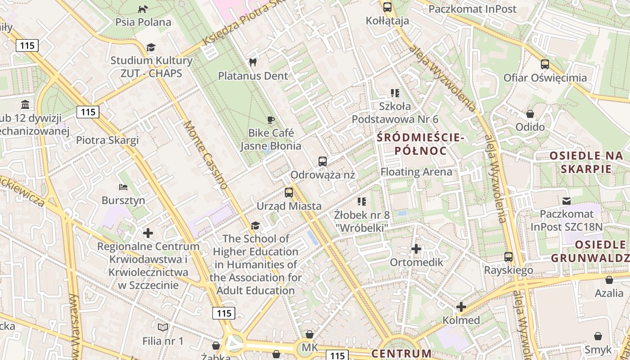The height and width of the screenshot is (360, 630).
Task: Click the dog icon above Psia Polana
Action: pos(143,9)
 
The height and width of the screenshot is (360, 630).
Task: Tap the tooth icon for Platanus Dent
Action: pos(252,62)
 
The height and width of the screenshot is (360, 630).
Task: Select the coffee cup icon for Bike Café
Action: pos(270,119)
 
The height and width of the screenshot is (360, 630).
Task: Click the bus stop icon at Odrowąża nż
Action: pos(323,161)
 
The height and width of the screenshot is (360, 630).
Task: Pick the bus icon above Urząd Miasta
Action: pos(289,193)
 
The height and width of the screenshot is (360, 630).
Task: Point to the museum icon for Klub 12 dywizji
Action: pos(25,105)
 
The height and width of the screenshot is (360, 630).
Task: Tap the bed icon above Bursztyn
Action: pos(123,187)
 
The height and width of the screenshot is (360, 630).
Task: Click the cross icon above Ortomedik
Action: pos(416,248)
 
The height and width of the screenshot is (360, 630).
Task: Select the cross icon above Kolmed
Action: pos(461,307)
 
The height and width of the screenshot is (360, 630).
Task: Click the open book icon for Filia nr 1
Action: pos(163,327)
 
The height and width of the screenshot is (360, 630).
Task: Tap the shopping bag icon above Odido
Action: pos(530,113)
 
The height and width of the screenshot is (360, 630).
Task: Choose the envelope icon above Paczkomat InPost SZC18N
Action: pos(566,200)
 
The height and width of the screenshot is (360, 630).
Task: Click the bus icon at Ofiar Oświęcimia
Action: pos(545,64)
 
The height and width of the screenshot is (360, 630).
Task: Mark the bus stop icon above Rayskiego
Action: pos(508,256)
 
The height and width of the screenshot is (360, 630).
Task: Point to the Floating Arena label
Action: pos(416,172)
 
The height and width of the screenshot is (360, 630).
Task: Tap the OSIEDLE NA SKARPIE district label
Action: pos(586,162)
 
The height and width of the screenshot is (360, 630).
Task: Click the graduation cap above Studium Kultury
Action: pos(151,47)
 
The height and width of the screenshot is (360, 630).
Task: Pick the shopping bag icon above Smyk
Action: pos(598,336)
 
